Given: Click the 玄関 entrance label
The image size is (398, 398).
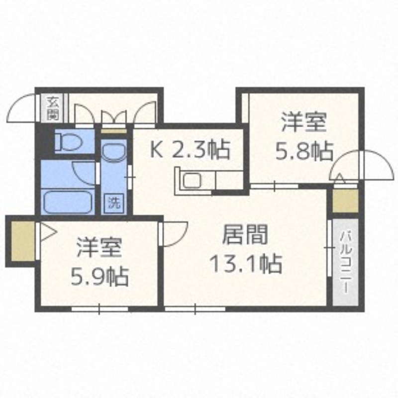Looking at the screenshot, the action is pyautogui.click(x=53, y=108).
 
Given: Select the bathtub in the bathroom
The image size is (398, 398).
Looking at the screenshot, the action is pyautogui.click(x=68, y=201).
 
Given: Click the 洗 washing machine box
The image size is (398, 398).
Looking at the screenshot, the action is pyautogui.click(x=114, y=202).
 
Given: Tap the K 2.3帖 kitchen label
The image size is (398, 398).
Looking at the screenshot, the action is pyautogui.click(x=190, y=150).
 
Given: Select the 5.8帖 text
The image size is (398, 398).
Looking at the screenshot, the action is pyautogui.click(x=304, y=151).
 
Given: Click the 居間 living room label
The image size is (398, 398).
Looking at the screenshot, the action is pyautogui.click(x=245, y=234).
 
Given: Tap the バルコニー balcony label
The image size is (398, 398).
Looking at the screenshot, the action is pyautogui.click(x=346, y=262).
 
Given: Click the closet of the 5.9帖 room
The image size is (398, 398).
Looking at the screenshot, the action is pyautogui.click(x=23, y=241).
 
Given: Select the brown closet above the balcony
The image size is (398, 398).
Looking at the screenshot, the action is pyautogui.click(x=345, y=201).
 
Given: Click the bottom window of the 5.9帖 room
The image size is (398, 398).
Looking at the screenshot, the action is pyautogui.click(x=99, y=309).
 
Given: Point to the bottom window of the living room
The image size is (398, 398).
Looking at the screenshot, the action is pyautogui.click(x=195, y=309).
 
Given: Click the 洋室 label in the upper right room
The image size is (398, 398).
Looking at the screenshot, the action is pyautogui.click(x=304, y=122).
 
